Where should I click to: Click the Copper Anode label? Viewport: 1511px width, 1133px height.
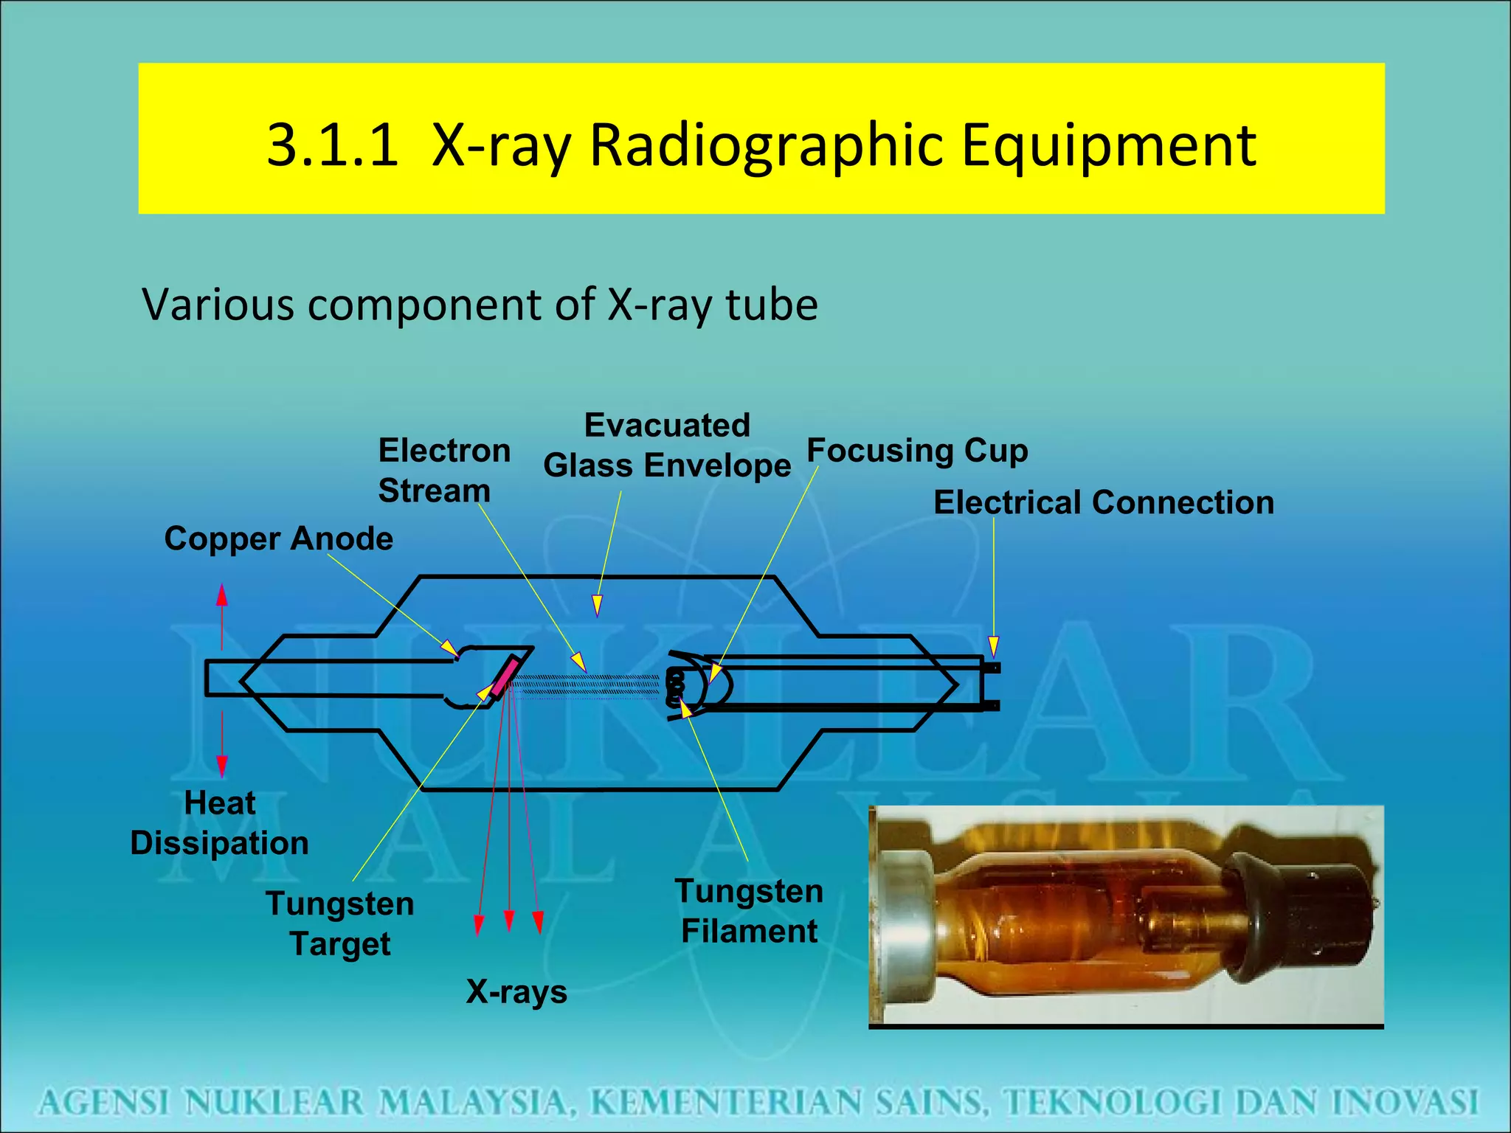278,538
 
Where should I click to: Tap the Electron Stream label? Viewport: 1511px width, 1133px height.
443,471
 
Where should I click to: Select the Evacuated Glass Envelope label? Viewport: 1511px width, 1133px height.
667,446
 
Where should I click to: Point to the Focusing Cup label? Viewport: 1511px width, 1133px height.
917,450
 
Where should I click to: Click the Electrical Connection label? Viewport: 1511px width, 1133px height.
1104,502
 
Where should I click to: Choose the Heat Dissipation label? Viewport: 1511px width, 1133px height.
219,822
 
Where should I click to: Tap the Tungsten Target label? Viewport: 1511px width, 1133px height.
340,924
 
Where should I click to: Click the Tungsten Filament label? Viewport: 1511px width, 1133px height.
749,911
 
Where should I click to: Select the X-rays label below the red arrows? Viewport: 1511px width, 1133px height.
516,991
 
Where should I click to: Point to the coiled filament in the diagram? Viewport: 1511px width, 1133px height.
674,687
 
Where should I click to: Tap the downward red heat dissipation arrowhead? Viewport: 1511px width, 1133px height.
222,766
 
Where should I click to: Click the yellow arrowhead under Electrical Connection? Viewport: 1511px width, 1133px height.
994,646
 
